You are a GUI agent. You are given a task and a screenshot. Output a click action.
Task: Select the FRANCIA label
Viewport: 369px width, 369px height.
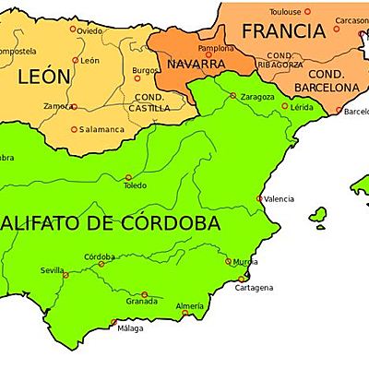(x=283, y=31)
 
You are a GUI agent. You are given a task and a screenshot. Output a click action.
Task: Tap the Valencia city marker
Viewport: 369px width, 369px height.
(x=259, y=198)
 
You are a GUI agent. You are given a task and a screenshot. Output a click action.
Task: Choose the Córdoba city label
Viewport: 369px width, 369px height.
(x=100, y=256)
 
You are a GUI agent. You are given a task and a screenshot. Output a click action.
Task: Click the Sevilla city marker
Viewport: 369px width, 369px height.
(x=65, y=270)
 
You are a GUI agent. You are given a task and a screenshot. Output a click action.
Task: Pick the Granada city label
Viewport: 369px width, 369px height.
(x=142, y=301)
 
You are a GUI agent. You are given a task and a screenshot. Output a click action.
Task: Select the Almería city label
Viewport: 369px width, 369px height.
(x=189, y=305)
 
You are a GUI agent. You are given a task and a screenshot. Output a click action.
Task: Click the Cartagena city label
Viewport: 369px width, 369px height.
(x=253, y=288)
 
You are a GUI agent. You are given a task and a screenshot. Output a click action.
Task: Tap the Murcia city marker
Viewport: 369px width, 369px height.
(x=228, y=261)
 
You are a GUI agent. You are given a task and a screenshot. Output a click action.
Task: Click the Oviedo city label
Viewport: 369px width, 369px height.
(x=89, y=30)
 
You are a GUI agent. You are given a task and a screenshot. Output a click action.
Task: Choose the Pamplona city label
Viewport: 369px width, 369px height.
(x=216, y=47)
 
